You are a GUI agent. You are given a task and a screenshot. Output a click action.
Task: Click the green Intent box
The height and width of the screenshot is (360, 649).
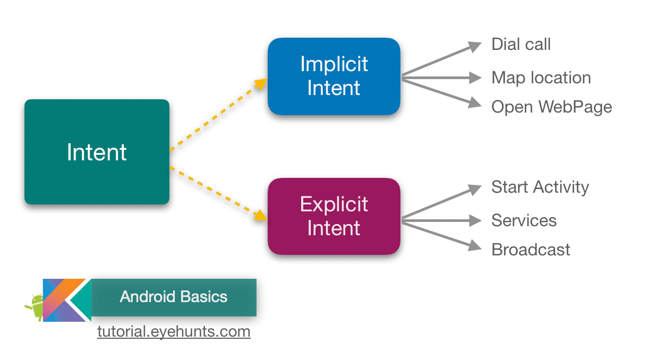(97, 152)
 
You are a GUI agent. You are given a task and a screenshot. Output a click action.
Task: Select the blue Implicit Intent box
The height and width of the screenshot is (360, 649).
(334, 76)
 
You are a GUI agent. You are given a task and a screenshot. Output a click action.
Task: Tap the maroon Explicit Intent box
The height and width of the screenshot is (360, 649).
(334, 216)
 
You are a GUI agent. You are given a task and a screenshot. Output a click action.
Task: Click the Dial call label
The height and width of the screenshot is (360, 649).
(520, 44)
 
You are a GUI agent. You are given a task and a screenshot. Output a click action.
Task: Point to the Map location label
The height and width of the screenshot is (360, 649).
(541, 78)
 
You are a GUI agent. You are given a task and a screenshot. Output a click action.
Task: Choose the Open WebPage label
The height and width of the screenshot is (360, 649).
(551, 107)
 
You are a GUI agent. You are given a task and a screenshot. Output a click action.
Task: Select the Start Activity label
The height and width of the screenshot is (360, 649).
(540, 187)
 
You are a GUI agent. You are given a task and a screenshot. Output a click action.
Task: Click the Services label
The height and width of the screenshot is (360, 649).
(524, 220)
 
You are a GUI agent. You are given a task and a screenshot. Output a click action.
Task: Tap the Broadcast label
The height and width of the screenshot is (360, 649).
(531, 250)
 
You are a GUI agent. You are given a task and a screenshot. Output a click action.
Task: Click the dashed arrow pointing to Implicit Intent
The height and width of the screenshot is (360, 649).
(218, 115)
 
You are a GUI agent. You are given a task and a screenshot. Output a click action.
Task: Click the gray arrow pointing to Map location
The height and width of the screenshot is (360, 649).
(441, 78)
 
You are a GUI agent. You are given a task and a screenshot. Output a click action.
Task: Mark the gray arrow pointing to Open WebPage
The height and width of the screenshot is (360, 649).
(441, 92)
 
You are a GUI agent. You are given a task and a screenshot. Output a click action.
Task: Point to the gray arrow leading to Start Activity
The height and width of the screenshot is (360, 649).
(441, 202)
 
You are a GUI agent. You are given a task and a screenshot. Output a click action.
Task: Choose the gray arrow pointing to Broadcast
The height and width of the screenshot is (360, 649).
(441, 233)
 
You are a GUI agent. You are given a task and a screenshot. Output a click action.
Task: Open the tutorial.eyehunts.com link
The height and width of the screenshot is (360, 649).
(174, 332)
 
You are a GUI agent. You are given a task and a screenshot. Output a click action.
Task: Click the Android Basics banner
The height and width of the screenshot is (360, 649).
(174, 297)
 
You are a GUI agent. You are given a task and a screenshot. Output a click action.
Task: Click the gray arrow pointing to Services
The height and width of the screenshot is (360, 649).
(441, 220)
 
